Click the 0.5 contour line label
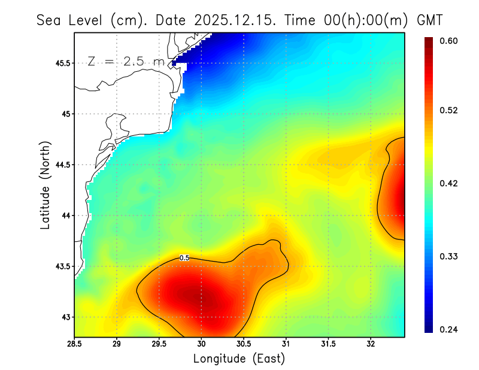184,258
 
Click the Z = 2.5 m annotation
126,62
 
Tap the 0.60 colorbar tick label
449,41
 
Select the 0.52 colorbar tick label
449,110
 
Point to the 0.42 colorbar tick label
449,183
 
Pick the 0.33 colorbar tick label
449,256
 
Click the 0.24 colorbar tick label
449,329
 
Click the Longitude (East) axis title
239,359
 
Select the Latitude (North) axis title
45,184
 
